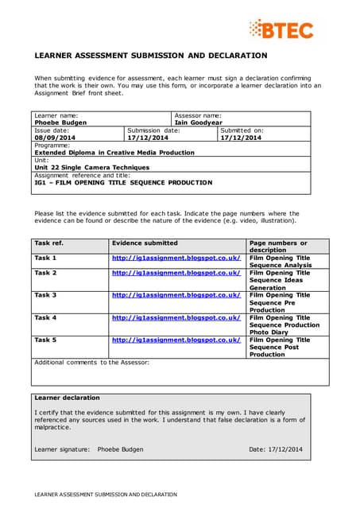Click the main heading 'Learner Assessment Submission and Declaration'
150,56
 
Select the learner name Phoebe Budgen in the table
61,123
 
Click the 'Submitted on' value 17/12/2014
241,138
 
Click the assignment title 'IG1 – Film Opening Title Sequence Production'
123,182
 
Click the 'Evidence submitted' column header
145,243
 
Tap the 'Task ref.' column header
48,243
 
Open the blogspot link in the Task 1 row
176,258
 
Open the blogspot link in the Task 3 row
176,295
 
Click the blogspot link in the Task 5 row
176,340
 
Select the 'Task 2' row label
45,273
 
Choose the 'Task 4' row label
45,317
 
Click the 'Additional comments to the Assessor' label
91,362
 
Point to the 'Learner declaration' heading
68,398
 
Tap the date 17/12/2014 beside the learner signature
276,449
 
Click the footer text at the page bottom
105,494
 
